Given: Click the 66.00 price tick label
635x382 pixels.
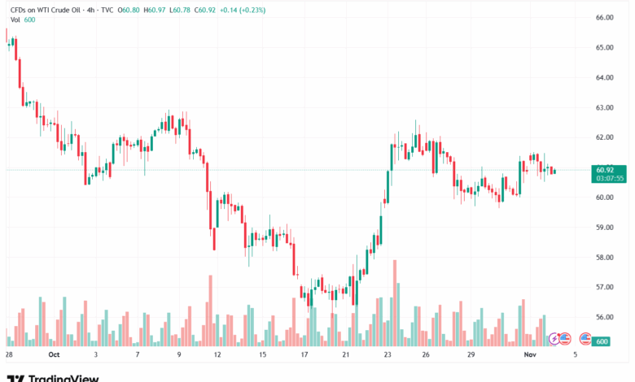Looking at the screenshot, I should [x=604, y=17].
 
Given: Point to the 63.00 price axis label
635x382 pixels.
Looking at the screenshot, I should [x=604, y=107].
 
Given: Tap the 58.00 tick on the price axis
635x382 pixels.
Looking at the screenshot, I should [x=604, y=258].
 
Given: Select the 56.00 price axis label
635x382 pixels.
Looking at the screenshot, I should [x=604, y=318].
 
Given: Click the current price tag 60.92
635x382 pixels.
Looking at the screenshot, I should [x=604, y=170].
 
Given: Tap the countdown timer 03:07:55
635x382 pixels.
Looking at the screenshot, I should [x=610, y=178].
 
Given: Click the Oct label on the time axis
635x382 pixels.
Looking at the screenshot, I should [x=54, y=354].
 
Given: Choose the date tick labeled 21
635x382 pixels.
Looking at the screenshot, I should [x=346, y=354].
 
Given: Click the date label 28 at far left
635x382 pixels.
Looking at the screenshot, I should [x=8, y=354].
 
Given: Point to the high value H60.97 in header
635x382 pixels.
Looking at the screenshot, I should [x=152, y=10].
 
